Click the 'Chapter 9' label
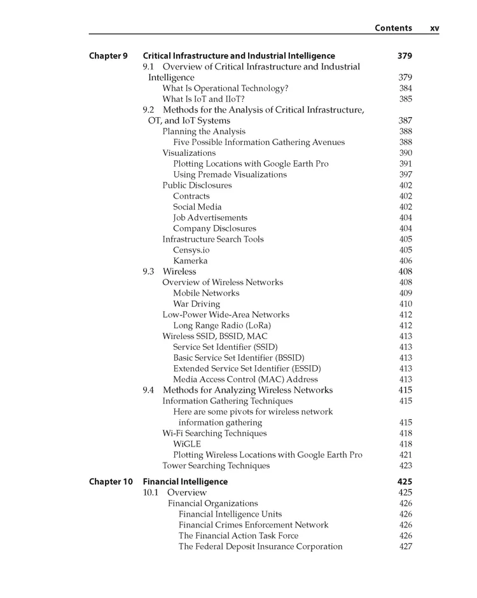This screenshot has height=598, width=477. click(x=108, y=56)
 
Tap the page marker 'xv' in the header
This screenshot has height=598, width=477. click(x=434, y=28)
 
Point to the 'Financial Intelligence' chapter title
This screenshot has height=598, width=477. click(x=185, y=482)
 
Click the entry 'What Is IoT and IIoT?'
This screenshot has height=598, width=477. click(x=203, y=99)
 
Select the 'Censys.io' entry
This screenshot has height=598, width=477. click(x=191, y=250)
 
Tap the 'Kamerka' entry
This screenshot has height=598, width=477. click(x=190, y=261)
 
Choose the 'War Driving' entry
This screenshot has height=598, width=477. click(x=197, y=304)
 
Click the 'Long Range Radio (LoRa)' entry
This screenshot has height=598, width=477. click(x=220, y=326)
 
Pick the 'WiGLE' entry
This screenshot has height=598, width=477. click(x=187, y=444)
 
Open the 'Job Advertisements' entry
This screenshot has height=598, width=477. click(x=210, y=218)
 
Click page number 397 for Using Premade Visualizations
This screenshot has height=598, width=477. click(x=406, y=174)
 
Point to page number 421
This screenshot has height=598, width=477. click(x=406, y=455)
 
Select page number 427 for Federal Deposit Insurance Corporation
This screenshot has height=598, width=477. click(x=406, y=546)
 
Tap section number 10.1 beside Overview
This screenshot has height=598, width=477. click(x=151, y=492)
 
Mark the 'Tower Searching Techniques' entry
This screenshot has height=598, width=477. click(x=216, y=466)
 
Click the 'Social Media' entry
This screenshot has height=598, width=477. click(x=197, y=207)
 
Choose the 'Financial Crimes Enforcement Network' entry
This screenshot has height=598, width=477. click(x=253, y=525)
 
